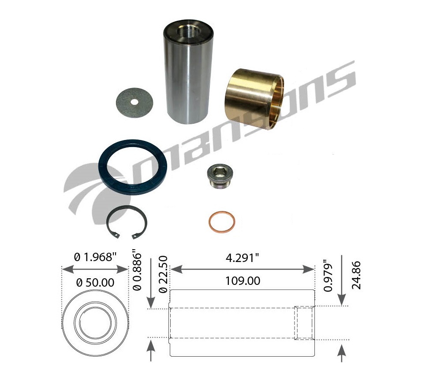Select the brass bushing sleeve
(254, 99)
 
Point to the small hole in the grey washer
(135, 102)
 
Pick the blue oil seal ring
(132, 167)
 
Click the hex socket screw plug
(220, 177)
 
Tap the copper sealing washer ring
(222, 222)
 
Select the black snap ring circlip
(127, 222)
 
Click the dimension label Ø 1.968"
(95, 257)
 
